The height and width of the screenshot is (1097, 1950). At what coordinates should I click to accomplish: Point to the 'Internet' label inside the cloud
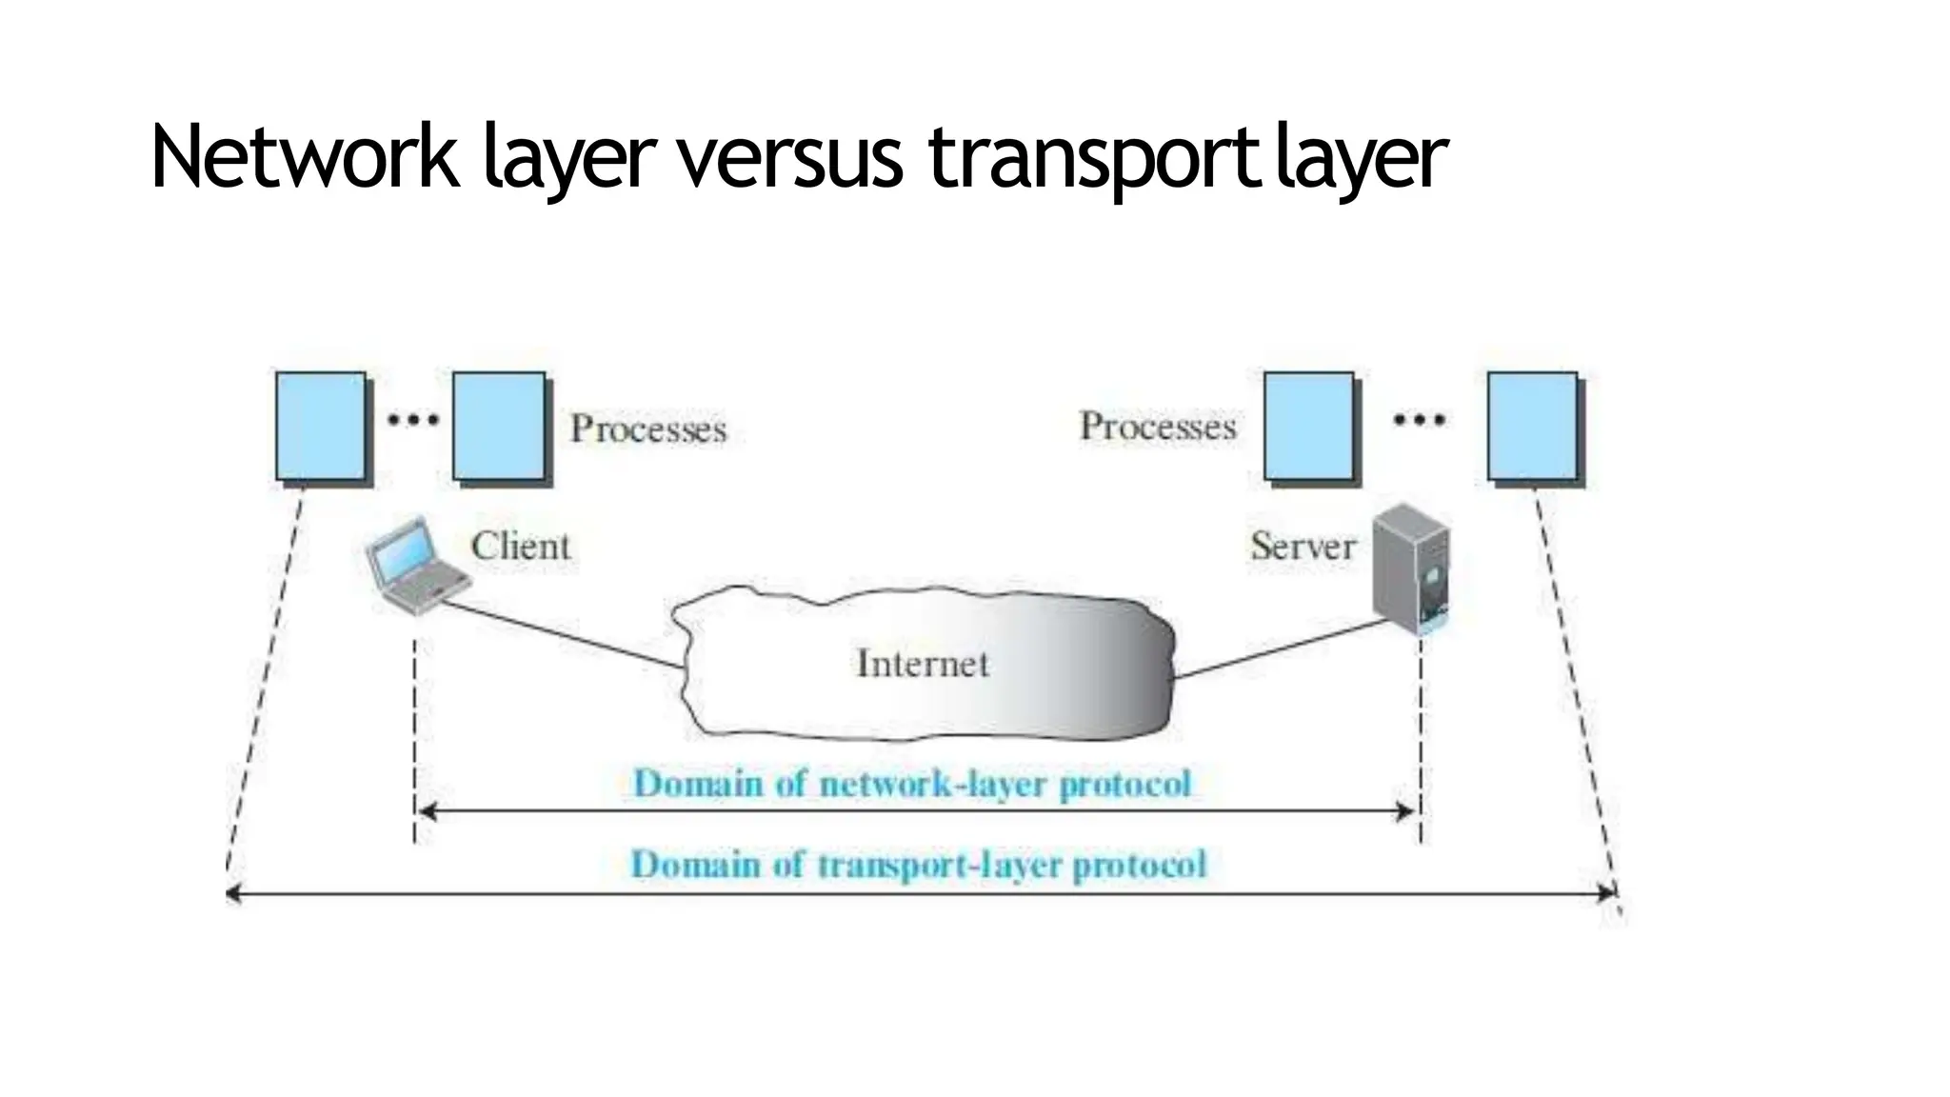point(923,664)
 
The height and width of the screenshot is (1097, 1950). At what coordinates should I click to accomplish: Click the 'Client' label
point(520,547)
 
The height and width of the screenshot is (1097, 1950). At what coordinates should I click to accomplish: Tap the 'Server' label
point(1303,547)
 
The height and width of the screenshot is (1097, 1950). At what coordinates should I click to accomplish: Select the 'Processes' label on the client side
point(647,429)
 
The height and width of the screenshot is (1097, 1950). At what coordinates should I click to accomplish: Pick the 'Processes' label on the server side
point(1157,427)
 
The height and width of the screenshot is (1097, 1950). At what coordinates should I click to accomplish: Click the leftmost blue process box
point(321,427)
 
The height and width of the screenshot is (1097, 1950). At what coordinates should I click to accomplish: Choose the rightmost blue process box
point(1532,427)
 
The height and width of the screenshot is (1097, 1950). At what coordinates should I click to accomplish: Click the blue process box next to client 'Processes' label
point(499,427)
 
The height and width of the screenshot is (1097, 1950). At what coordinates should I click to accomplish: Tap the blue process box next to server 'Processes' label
point(1309,427)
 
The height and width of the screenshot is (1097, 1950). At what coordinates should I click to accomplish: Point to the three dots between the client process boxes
point(412,419)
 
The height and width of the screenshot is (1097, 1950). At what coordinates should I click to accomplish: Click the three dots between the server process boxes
point(1419,419)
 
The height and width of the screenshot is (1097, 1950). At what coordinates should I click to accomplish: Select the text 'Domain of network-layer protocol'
point(912,784)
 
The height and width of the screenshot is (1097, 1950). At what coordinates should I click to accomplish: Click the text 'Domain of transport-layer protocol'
point(919,865)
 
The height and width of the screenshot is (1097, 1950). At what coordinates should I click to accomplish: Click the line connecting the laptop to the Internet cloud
point(564,633)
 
